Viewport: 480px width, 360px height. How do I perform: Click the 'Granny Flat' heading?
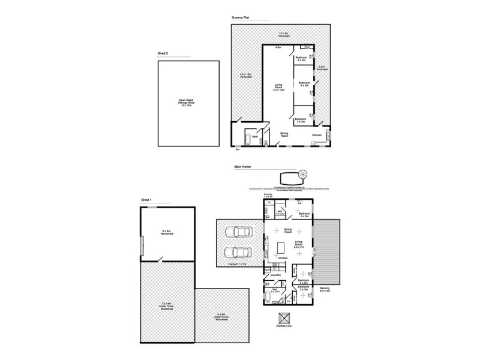(x=241, y=18)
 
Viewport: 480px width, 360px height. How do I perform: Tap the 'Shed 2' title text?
(x=163, y=54)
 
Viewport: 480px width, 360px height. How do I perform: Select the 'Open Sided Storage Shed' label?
(x=188, y=103)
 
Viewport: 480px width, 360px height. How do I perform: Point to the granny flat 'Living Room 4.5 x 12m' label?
(x=278, y=89)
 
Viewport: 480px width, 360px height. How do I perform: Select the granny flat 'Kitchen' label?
(x=317, y=136)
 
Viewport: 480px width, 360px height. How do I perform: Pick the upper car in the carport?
(x=238, y=233)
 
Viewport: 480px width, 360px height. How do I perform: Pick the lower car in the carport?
(x=238, y=253)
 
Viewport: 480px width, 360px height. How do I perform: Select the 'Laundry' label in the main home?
(x=275, y=275)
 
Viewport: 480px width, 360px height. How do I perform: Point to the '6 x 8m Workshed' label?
(x=167, y=233)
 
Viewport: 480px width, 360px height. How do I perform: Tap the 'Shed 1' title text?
(x=146, y=200)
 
